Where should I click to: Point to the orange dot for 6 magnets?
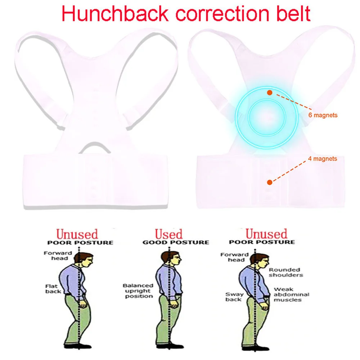[269, 93]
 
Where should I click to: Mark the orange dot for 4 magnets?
[269, 182]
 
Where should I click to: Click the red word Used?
[169, 234]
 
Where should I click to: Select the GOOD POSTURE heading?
[176, 242]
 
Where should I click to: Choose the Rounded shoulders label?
[286, 272]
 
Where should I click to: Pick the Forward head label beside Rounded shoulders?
[234, 257]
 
